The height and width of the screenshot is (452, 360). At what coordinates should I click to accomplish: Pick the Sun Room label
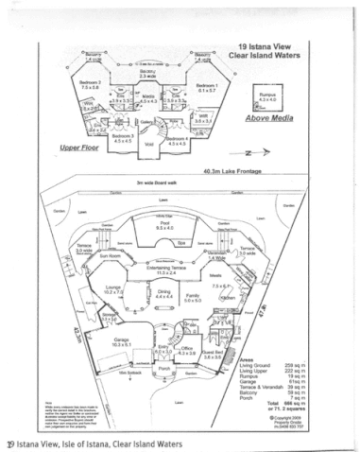(109, 254)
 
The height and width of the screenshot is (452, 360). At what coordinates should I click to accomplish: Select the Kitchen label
(228, 297)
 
